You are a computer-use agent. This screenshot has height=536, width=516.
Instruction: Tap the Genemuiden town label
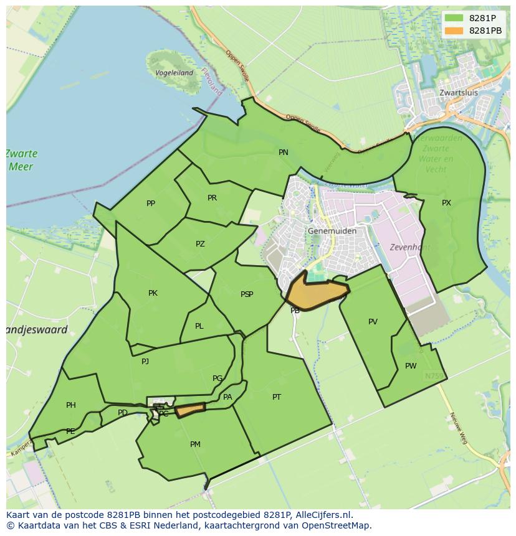pos(332,231)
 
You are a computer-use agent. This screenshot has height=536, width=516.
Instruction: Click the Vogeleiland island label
pos(174,73)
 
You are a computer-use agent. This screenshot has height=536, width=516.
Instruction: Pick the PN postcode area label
pos(284,153)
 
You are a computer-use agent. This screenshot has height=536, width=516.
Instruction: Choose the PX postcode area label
pos(446,203)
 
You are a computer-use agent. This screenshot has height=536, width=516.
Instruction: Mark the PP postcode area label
pos(151,204)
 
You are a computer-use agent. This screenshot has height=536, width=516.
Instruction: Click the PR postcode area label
pos(212,198)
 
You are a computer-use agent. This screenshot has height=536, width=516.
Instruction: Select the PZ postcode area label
pos(200,244)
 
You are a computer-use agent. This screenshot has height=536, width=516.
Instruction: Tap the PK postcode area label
pos(153,293)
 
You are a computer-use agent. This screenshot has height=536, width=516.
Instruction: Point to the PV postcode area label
pos(373,322)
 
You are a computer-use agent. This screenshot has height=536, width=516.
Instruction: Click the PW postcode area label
pos(411,366)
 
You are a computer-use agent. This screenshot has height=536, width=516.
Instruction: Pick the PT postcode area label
pos(277,397)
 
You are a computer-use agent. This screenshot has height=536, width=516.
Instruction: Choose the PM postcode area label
pos(195,444)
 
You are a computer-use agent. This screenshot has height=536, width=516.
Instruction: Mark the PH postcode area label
pos(71,405)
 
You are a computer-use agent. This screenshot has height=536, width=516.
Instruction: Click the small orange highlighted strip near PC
pos(190,410)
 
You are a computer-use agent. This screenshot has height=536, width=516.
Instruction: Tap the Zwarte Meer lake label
pos(22,160)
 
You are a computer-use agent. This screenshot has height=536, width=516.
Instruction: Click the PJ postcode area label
pos(145,361)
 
